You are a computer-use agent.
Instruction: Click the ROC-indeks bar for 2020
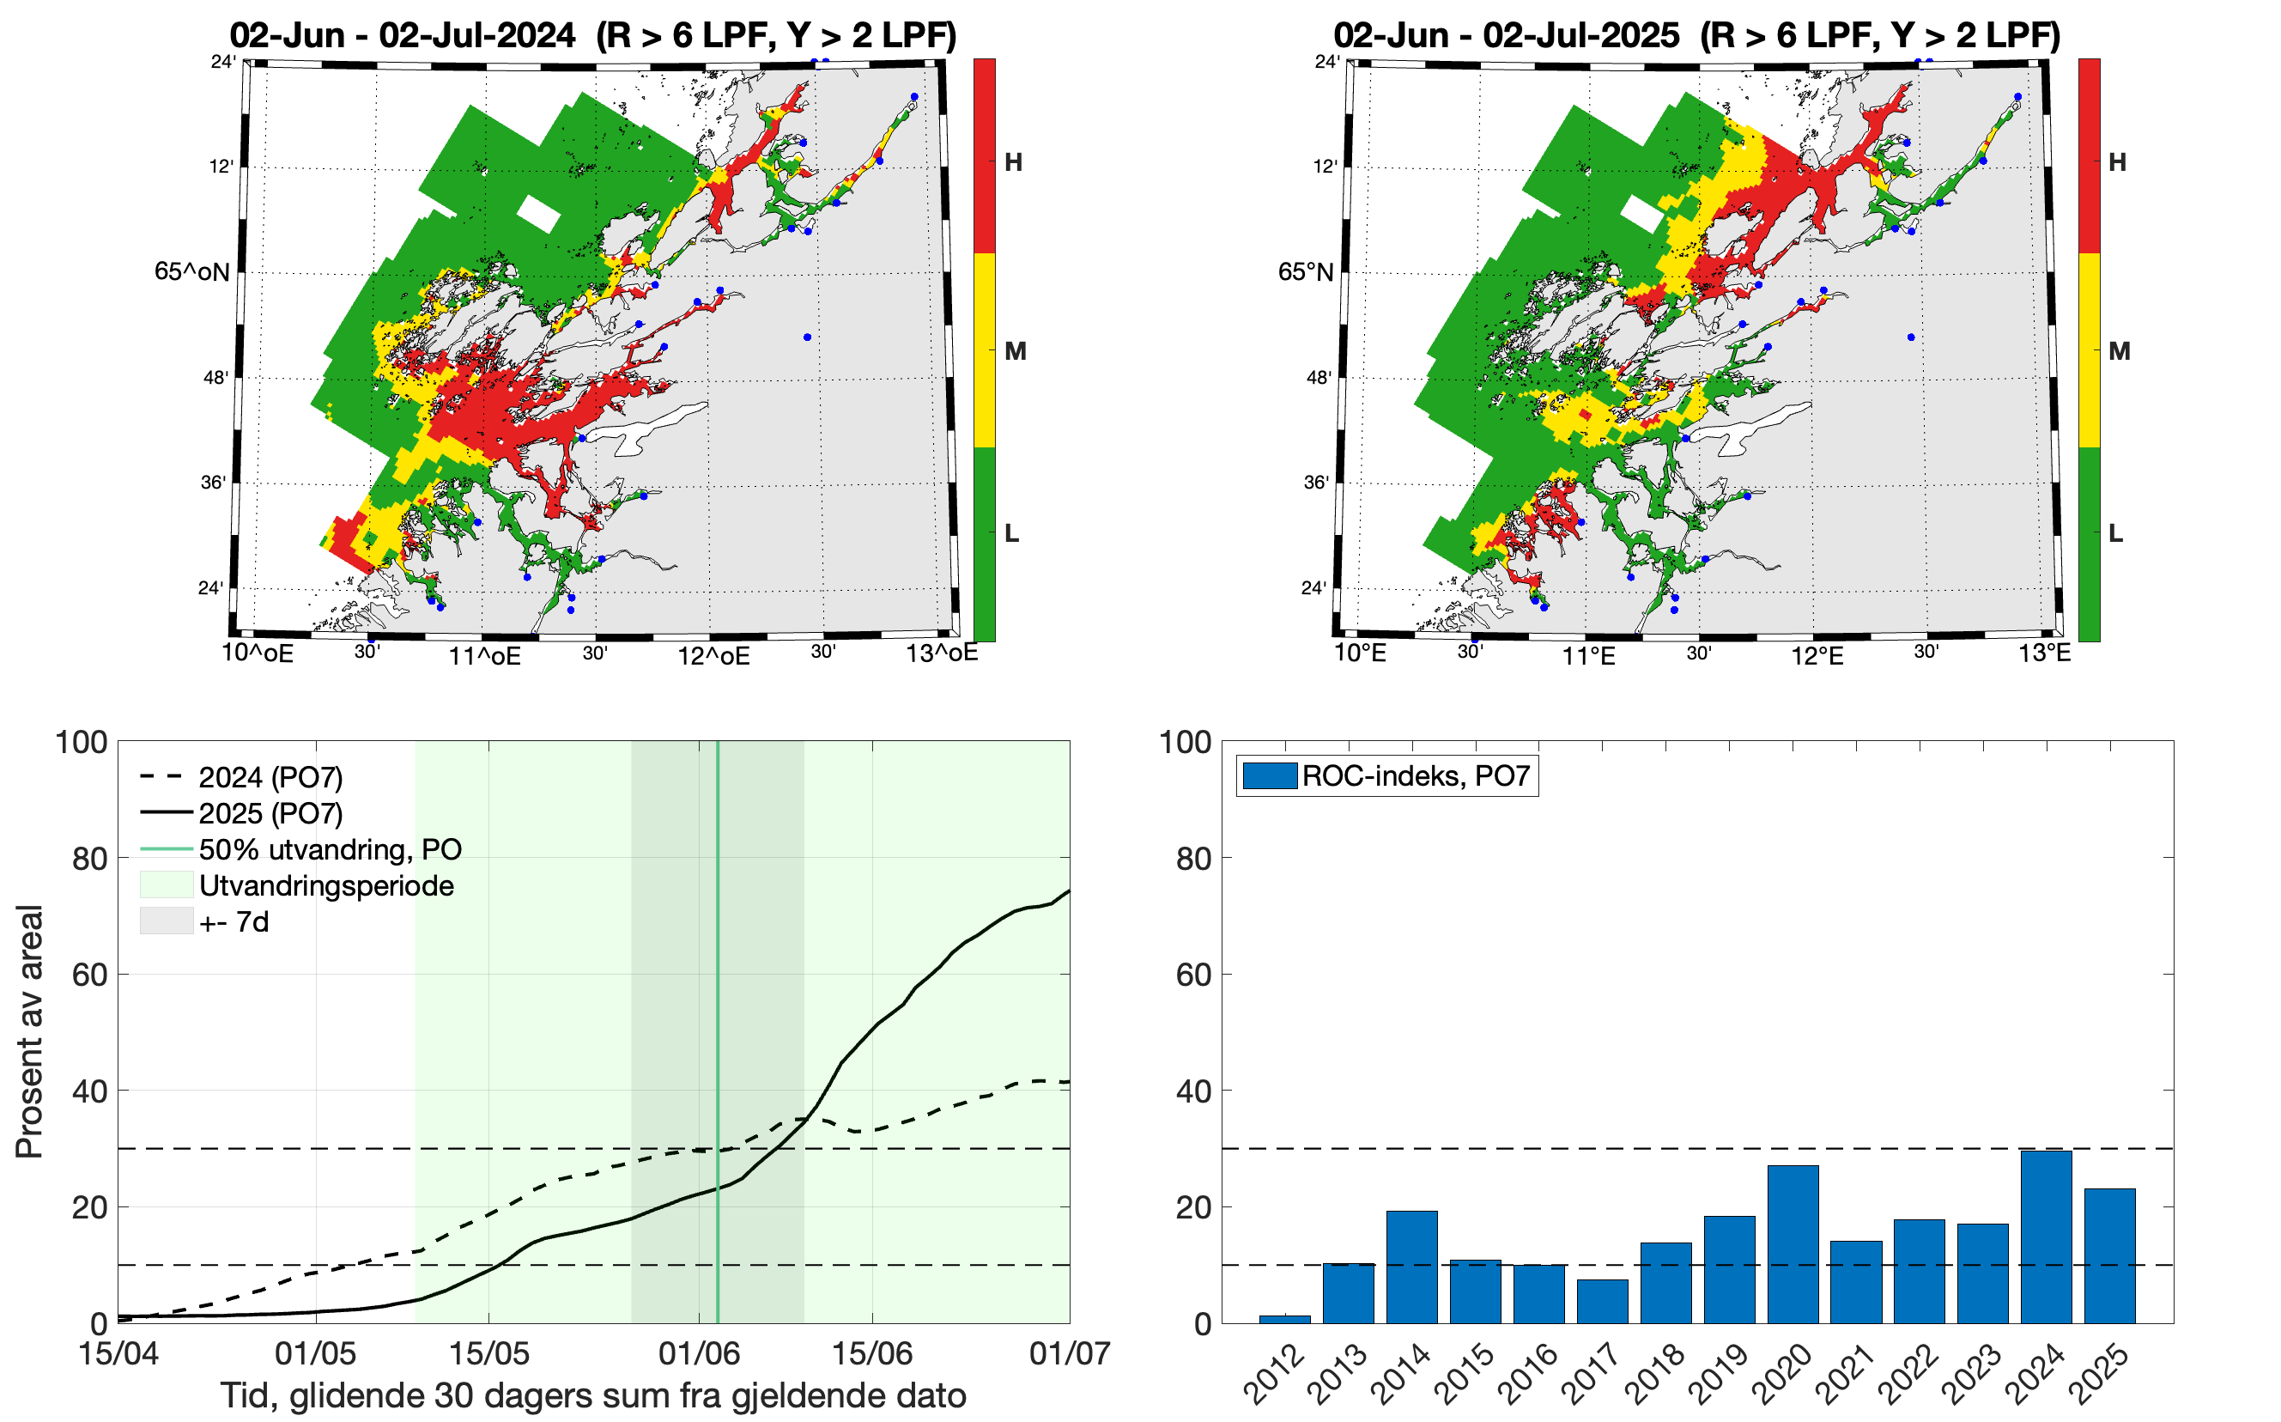[1792, 1243]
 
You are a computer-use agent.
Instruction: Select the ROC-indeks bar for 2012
[1284, 1319]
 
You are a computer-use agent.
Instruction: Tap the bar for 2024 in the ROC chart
[2046, 1236]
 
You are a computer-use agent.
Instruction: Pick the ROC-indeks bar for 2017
[1602, 1301]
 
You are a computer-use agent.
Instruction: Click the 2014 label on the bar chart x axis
[1403, 1373]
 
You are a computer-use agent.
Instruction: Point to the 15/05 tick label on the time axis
[489, 1353]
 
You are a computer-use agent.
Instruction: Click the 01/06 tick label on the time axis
[699, 1353]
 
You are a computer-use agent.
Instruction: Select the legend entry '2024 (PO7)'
[270, 778]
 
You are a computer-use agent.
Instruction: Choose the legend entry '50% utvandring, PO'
[329, 849]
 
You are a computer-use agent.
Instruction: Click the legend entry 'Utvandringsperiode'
[326, 886]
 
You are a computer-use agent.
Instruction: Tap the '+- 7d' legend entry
[234, 921]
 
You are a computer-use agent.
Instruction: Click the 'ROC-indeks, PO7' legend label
[1415, 776]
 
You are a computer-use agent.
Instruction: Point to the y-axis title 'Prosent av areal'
[29, 1031]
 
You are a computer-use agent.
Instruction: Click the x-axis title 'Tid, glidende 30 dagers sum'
[593, 1395]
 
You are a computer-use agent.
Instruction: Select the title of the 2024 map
[592, 36]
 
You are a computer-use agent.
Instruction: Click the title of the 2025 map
[1696, 36]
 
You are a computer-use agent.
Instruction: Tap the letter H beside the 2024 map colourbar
[1013, 162]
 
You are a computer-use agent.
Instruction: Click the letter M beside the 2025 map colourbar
[2119, 352]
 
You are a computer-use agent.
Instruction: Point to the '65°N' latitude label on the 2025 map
[1305, 273]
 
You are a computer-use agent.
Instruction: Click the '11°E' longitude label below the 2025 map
[1588, 655]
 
